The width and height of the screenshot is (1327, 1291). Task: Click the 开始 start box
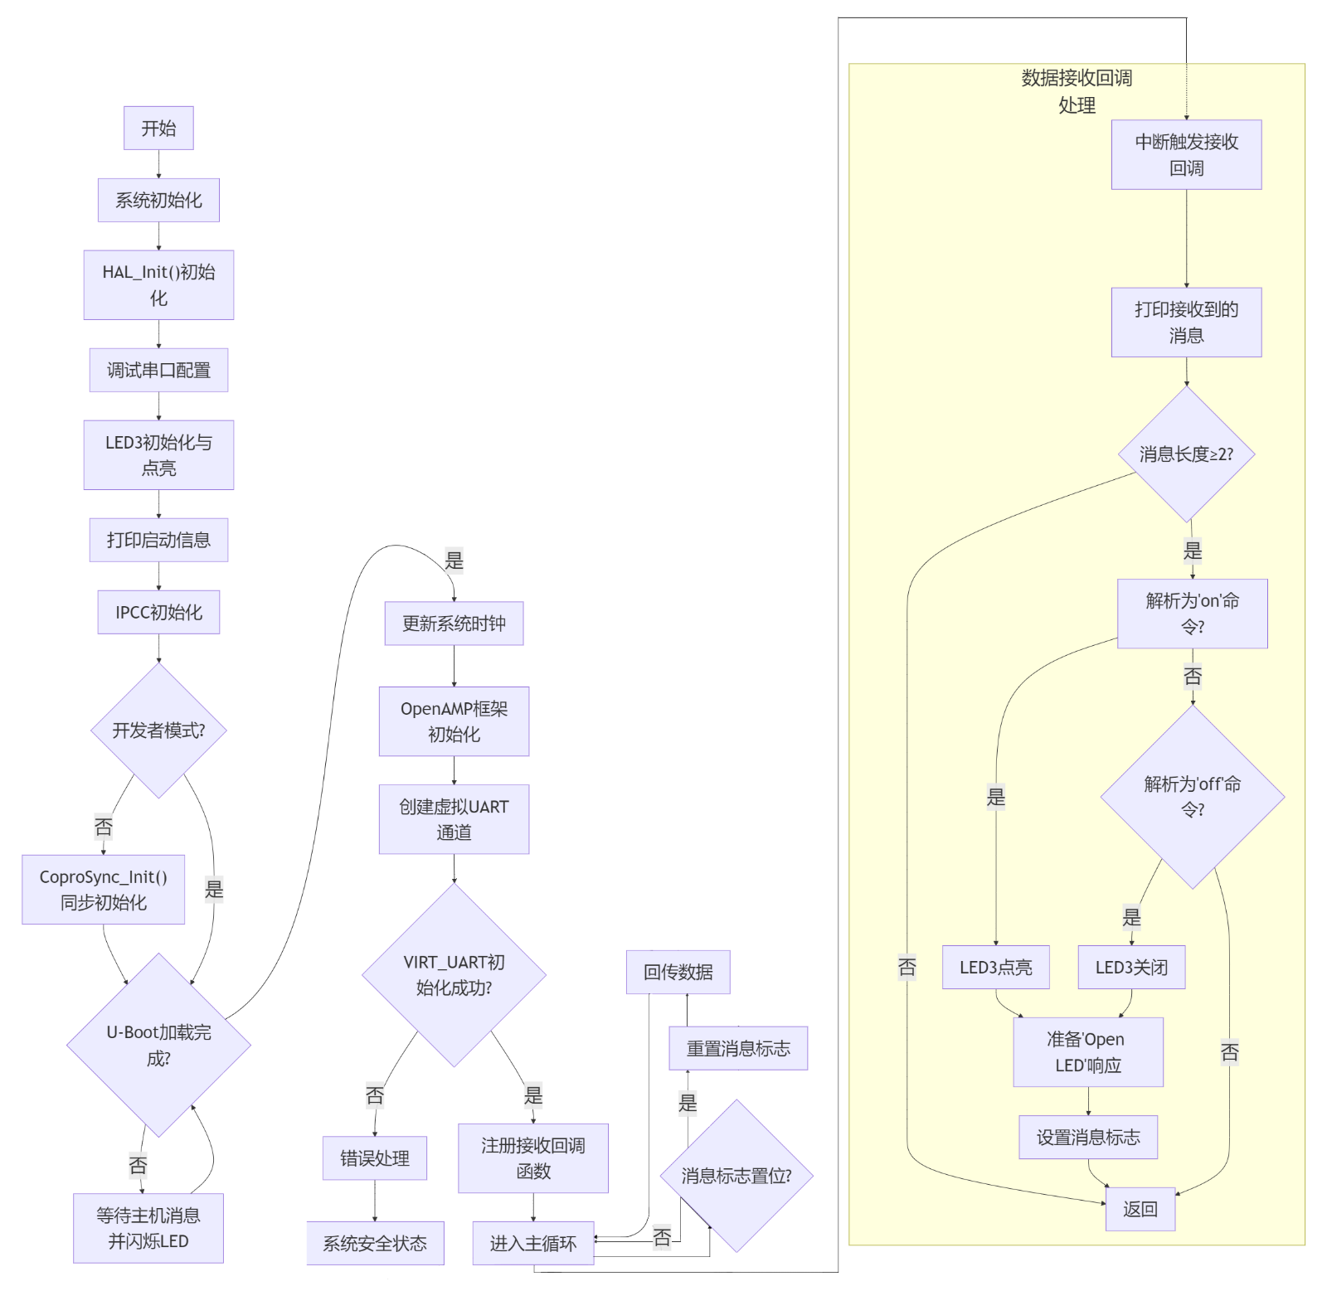click(x=158, y=128)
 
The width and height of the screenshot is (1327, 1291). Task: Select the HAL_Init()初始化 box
click(x=158, y=284)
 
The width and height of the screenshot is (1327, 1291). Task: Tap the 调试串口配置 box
click(x=158, y=370)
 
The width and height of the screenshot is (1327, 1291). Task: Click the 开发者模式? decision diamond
click(x=158, y=730)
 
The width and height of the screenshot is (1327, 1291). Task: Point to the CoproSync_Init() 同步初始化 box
click(x=103, y=889)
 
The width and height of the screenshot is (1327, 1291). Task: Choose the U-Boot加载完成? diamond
click(x=158, y=1045)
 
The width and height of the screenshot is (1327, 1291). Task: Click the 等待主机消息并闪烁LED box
click(x=148, y=1228)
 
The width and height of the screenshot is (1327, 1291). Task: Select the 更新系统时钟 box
click(x=454, y=624)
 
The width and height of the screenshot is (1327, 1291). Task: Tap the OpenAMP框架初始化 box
click(x=454, y=721)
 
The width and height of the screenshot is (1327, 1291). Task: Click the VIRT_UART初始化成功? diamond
click(x=454, y=974)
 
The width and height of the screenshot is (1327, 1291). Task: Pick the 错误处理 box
click(x=375, y=1158)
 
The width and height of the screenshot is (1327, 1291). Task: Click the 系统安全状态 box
click(x=375, y=1243)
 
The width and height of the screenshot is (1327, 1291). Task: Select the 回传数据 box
click(x=678, y=972)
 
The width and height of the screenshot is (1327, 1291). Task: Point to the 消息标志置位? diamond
click(x=736, y=1176)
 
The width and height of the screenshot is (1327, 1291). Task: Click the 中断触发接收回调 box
click(x=1186, y=154)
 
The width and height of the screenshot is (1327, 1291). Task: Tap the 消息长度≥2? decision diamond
click(x=1186, y=454)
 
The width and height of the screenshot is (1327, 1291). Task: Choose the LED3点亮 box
click(x=995, y=967)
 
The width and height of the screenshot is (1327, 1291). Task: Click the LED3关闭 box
click(x=1131, y=967)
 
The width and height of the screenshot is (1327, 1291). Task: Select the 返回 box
click(x=1140, y=1209)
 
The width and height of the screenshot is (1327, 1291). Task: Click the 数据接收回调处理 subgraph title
click(x=1077, y=91)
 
